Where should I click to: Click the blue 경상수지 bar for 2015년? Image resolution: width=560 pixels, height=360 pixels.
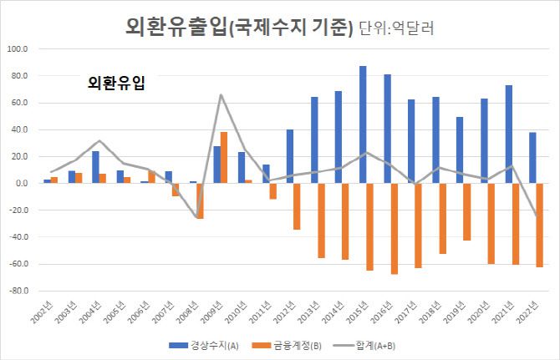pyautogui.click(x=363, y=124)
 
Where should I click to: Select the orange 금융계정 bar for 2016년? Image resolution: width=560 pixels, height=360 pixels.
pyautogui.click(x=395, y=228)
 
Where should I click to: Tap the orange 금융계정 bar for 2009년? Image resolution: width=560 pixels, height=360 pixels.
pyautogui.click(x=224, y=157)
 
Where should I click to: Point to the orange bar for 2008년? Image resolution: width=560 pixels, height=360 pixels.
pyautogui.click(x=200, y=200)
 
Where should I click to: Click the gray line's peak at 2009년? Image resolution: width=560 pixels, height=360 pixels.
pyautogui.click(x=221, y=94)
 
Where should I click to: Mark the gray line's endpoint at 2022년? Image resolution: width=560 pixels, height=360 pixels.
pyautogui.click(x=536, y=216)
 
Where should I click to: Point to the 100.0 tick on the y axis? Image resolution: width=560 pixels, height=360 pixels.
pyautogui.click(x=17, y=49)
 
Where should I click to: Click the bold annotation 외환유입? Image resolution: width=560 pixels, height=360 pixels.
pyautogui.click(x=116, y=83)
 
